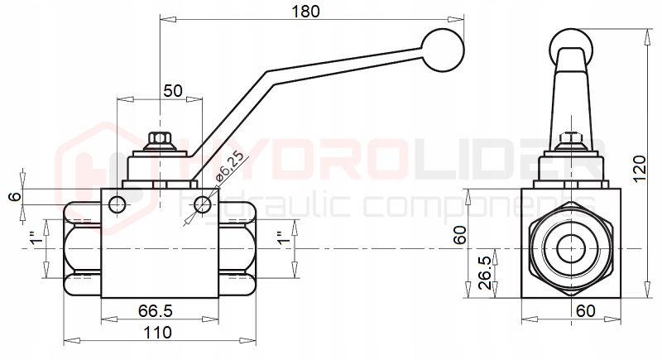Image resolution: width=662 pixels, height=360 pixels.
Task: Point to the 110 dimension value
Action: point(156,333)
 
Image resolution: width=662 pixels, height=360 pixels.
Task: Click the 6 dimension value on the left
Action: point(12,196)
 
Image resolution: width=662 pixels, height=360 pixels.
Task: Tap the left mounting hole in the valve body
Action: point(118,204)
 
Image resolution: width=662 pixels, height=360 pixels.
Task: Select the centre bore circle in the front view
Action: point(569,248)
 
